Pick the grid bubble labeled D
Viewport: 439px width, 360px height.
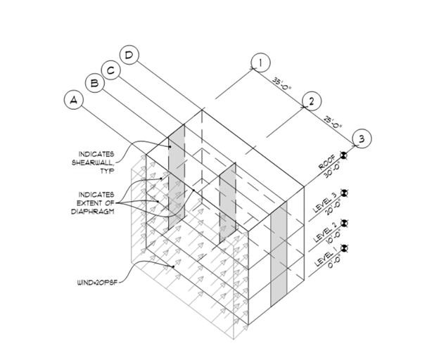(x=129, y=55)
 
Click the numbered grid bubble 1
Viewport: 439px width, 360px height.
(x=261, y=64)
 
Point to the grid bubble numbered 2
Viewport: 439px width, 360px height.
(x=310, y=101)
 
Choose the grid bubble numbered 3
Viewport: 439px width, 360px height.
(x=361, y=139)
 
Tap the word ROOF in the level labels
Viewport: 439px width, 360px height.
(x=327, y=166)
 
